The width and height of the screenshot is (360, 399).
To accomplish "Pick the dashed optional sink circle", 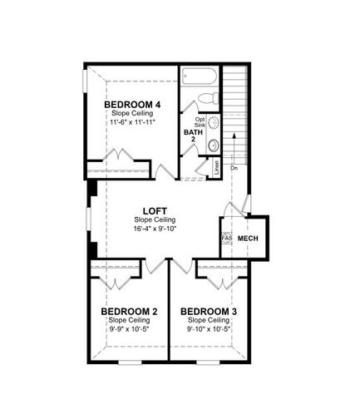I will (x=212, y=123).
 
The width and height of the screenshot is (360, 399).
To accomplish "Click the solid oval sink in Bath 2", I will (x=213, y=145).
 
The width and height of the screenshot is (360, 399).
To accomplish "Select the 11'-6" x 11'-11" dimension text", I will (x=132, y=122).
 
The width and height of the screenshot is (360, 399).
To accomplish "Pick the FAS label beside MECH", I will (x=224, y=238).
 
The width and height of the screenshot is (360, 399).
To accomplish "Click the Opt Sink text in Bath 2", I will (x=200, y=122).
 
